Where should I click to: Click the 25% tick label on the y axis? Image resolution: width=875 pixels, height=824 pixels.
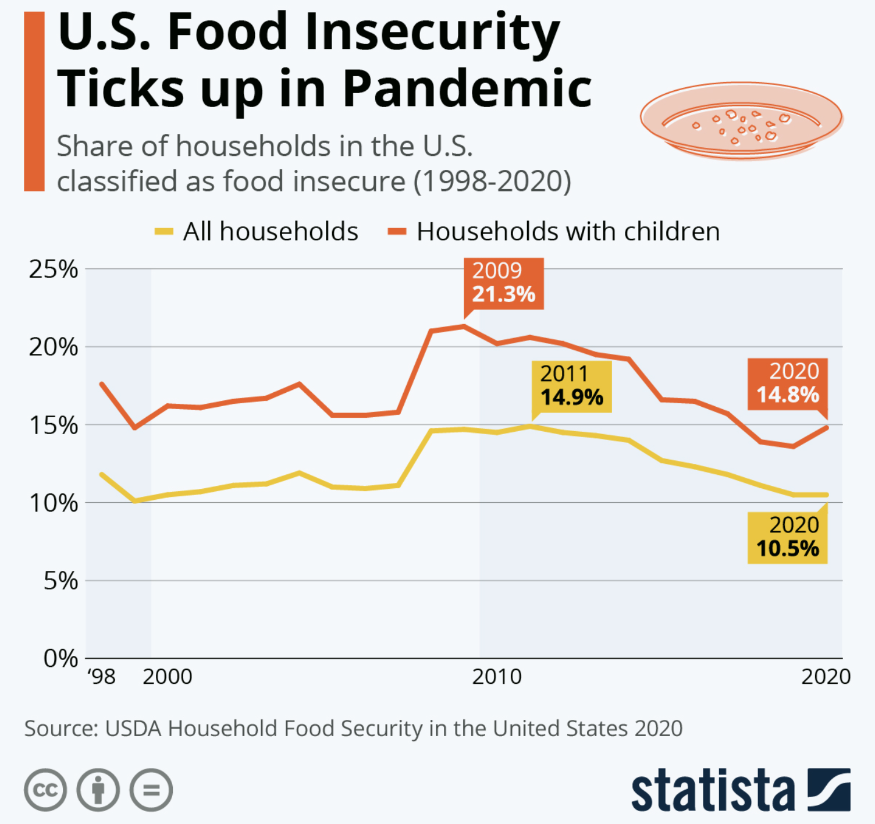point(54,269)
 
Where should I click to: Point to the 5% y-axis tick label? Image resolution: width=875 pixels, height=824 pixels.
point(61,581)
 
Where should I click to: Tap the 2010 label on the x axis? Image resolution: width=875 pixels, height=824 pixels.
point(497,677)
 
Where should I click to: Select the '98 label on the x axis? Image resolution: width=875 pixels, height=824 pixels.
point(102,677)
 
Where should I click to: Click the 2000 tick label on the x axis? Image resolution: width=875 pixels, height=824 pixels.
point(168,677)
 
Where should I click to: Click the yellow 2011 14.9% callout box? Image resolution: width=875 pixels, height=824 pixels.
point(572,386)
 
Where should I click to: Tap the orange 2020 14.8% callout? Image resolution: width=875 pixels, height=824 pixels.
point(788,383)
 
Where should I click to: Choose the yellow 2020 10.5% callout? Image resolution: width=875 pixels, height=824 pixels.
point(788,537)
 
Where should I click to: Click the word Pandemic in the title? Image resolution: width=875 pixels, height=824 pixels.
point(467,89)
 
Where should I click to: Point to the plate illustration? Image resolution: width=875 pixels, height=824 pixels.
point(741,120)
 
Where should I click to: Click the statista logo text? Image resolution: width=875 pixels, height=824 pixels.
point(713,790)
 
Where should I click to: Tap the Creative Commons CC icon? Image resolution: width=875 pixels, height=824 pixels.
point(45,790)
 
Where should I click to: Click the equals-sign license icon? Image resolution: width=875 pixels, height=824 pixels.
point(151,790)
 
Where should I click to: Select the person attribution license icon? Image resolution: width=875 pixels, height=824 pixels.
point(98,790)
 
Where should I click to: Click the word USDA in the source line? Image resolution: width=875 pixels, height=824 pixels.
point(133,729)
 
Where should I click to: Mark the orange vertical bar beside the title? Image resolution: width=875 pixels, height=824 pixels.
point(34,102)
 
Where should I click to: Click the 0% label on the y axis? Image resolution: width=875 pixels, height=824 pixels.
point(61,659)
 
